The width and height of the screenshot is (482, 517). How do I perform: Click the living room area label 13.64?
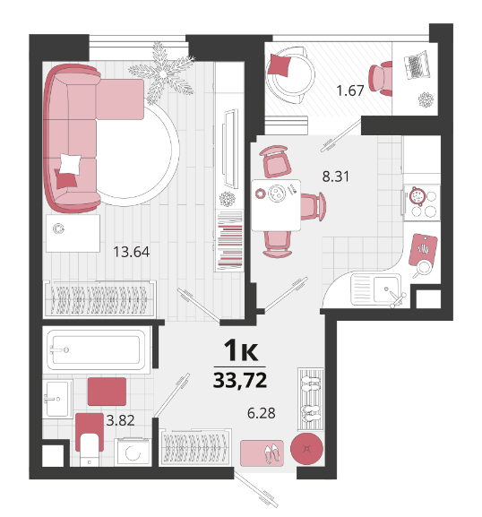tap(131, 252)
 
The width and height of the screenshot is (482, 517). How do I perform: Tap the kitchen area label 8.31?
tap(335, 177)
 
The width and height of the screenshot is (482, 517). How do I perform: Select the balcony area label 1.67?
tap(350, 90)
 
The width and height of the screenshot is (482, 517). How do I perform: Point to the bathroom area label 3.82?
tap(120, 420)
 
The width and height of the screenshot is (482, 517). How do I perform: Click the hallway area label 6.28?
tap(262, 413)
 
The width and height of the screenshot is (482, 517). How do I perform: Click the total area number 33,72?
tap(240, 380)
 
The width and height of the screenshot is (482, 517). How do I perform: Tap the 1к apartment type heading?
tap(241, 350)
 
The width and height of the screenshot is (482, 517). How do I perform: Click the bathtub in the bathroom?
tap(96, 349)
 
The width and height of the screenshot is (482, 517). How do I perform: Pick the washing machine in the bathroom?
tap(133, 452)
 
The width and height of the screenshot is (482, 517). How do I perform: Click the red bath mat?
tap(107, 392)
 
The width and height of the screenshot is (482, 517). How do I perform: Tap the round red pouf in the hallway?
tap(306, 449)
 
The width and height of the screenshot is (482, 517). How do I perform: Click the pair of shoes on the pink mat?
tap(272, 453)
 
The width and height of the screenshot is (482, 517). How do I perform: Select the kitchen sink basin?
tap(386, 289)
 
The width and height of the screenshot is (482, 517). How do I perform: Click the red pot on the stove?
tap(417, 196)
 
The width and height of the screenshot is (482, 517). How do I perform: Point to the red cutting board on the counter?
tap(423, 250)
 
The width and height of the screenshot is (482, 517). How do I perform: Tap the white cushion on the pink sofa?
tap(70, 164)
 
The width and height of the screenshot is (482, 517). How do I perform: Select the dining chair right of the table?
tap(313, 207)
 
